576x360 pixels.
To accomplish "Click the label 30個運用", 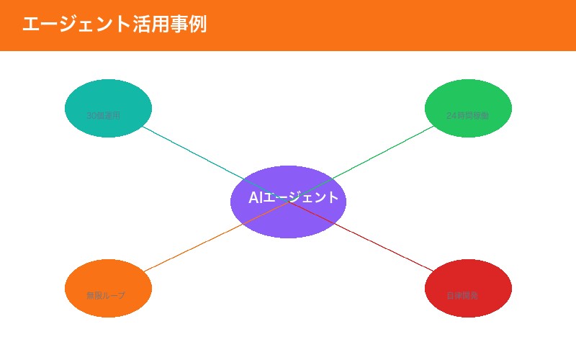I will tap(103, 115).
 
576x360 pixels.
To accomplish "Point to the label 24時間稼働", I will tap(467, 115).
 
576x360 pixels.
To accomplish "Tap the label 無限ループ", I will tap(105, 295).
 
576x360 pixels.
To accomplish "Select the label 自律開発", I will tap(462, 295).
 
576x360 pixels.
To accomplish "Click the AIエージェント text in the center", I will tap(293, 197).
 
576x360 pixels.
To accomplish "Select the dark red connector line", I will tap(382, 248).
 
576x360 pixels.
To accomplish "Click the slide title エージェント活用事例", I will tap(114, 24).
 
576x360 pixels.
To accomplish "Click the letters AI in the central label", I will tap(255, 197).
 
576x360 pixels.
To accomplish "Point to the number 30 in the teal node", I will tap(91, 115).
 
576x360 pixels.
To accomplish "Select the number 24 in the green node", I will tap(451, 115).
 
